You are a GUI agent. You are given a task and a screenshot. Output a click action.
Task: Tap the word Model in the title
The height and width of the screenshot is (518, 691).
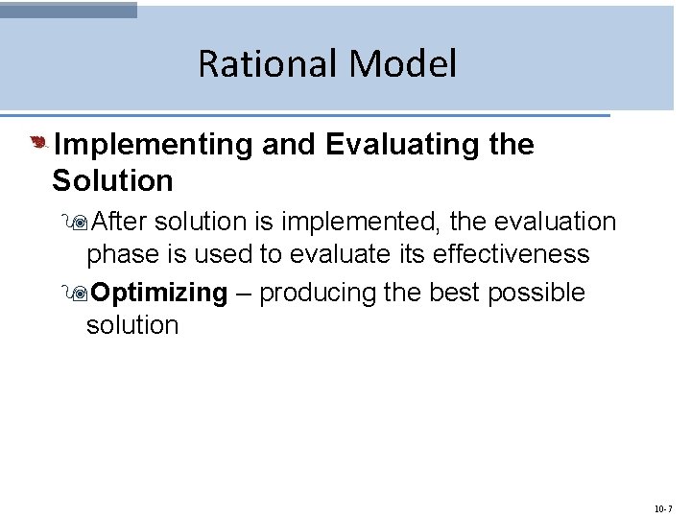[x=403, y=64]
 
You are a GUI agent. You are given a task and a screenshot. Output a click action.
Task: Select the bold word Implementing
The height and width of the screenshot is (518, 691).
[x=153, y=145]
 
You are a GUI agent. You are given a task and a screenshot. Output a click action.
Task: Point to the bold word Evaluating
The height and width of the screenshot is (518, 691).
[x=403, y=145]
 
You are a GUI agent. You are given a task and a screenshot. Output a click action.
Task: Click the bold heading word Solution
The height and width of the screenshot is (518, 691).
[x=112, y=180]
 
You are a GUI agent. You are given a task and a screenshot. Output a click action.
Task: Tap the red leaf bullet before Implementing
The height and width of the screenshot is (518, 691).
[x=37, y=144]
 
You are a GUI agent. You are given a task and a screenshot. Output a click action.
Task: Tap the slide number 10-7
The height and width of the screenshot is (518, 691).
[x=662, y=508]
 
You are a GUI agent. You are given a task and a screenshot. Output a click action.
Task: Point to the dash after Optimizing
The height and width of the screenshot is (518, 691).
[x=244, y=293]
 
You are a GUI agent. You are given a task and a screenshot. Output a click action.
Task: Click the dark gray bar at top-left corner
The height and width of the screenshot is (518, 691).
[x=68, y=10]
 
